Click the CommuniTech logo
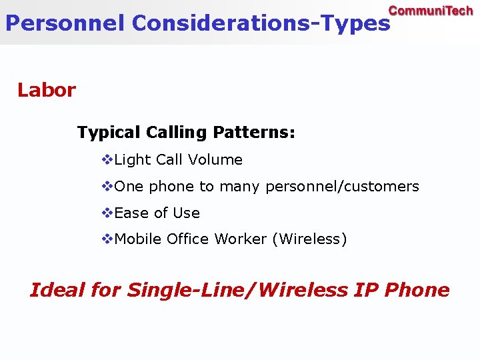pos(430,11)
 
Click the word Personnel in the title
pos(65,23)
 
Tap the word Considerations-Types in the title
pos(261,23)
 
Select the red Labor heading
pos(47,90)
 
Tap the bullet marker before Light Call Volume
pos(107,160)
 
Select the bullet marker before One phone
pos(107,187)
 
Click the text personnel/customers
pos(342,187)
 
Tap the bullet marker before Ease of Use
pos(107,213)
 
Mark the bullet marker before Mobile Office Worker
pos(107,239)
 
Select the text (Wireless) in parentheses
pos(309,239)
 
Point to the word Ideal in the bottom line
pos(57,291)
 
